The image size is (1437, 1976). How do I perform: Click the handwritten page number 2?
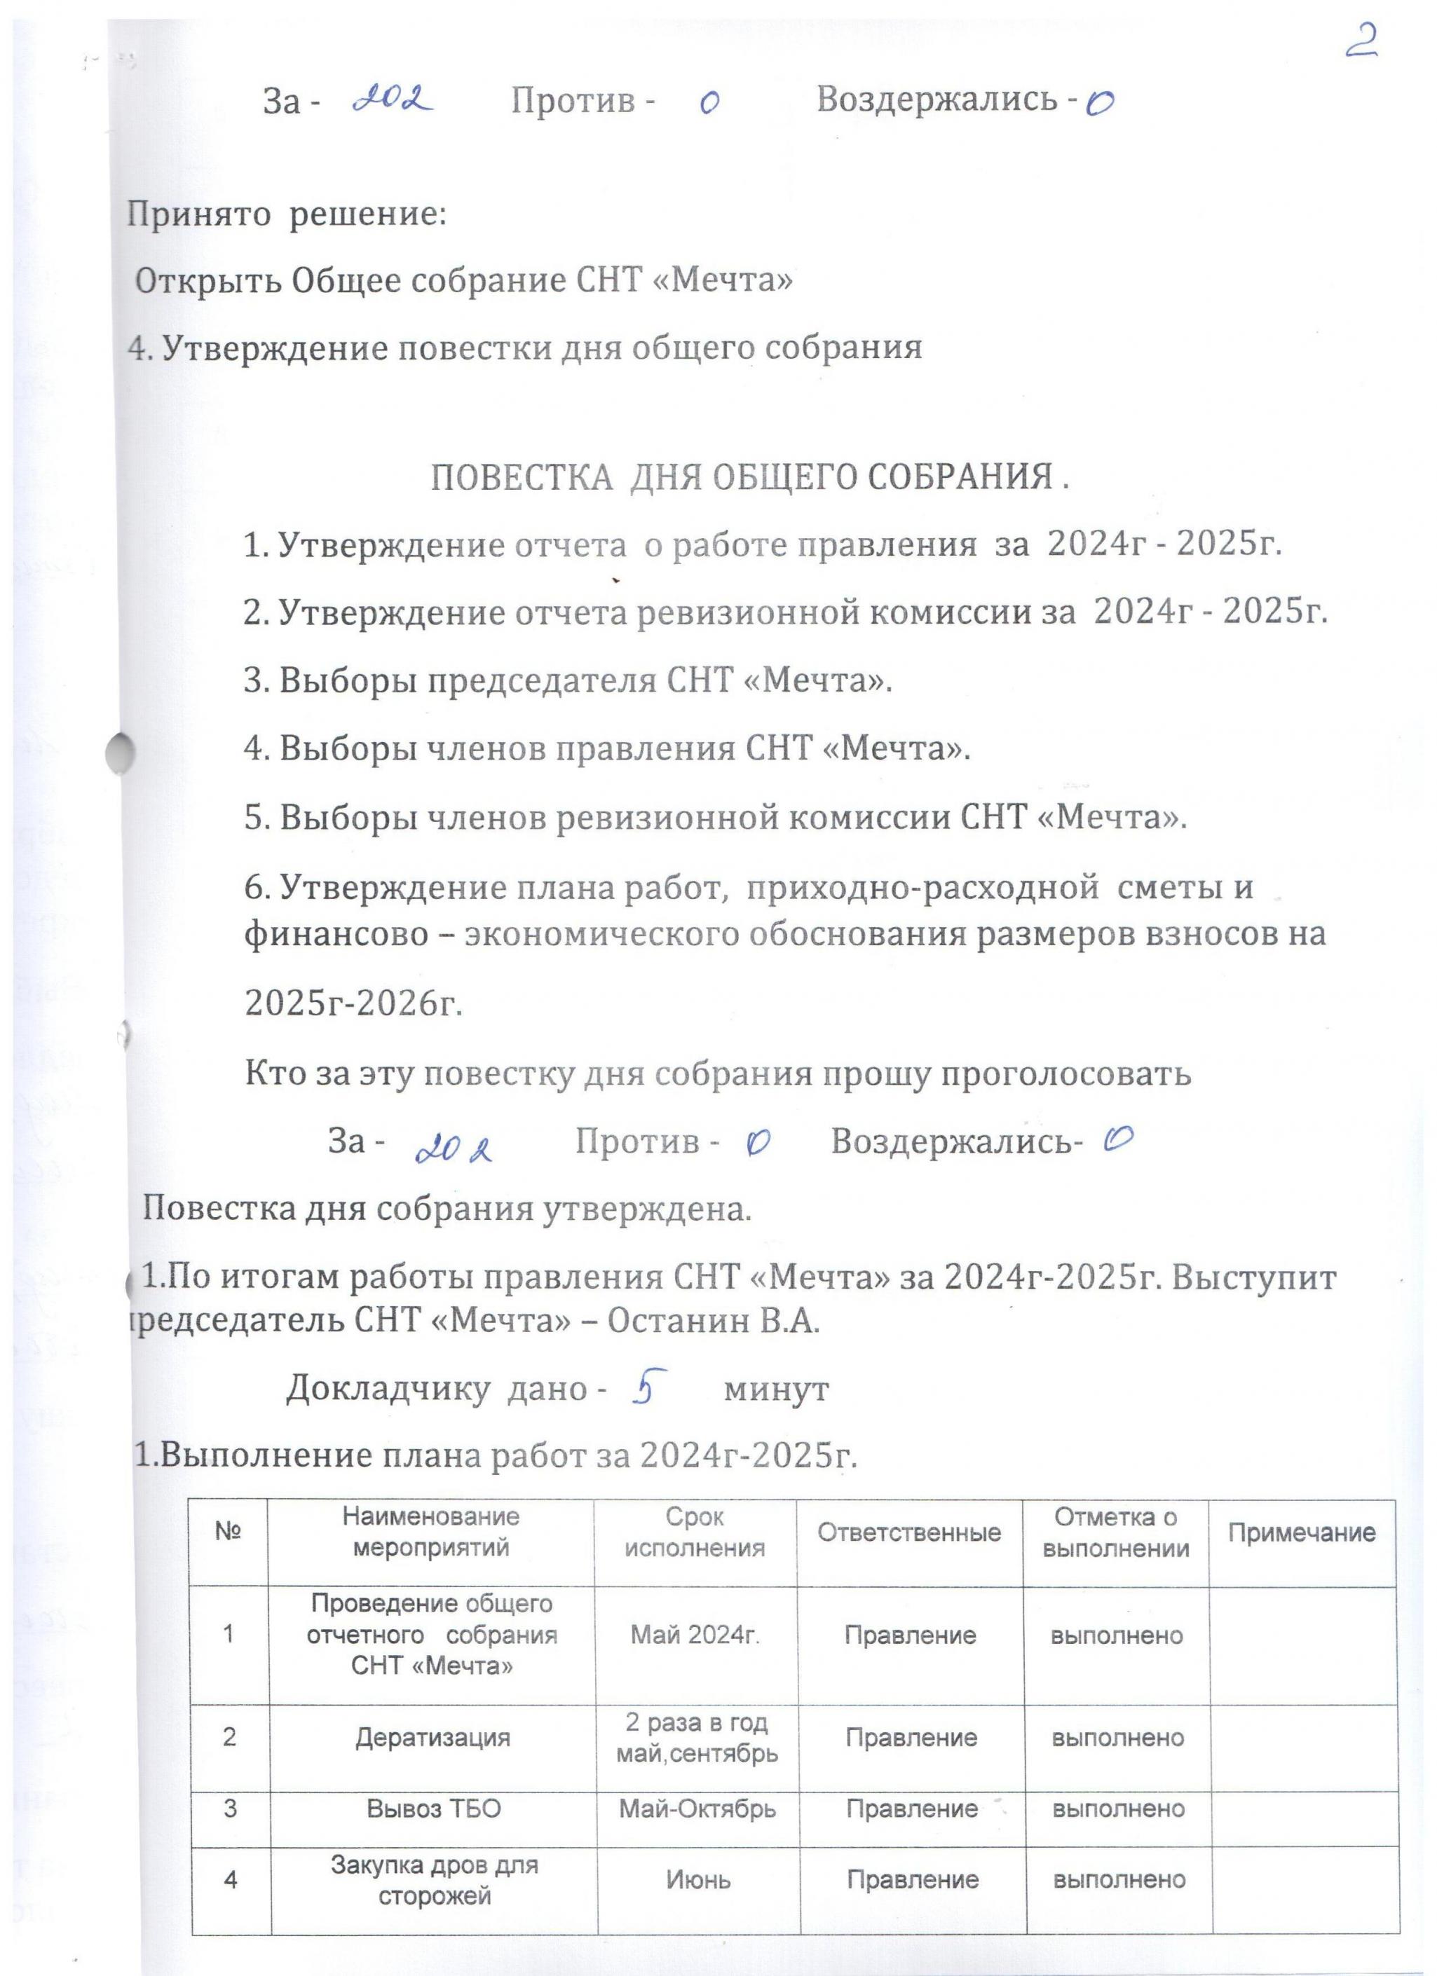(x=1361, y=41)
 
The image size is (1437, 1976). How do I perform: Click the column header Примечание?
(x=1301, y=1532)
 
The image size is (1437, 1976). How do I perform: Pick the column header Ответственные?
(x=909, y=1532)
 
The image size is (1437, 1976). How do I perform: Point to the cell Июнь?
(x=698, y=1880)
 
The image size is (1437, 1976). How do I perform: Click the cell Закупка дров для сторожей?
(x=433, y=1880)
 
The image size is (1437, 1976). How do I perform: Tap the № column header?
(x=229, y=1532)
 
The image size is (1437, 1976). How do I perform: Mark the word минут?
(x=777, y=1389)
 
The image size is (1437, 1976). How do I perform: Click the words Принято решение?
(x=287, y=214)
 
